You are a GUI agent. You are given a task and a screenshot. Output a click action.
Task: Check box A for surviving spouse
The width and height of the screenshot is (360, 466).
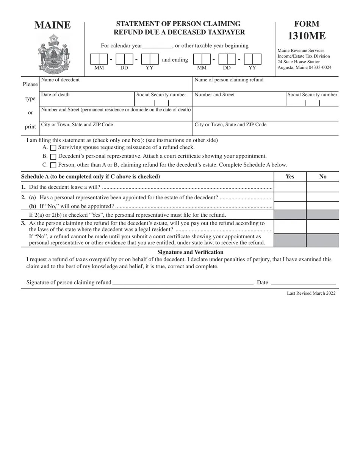coord(53,148)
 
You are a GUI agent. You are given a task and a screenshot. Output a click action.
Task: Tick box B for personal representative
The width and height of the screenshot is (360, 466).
coord(53,156)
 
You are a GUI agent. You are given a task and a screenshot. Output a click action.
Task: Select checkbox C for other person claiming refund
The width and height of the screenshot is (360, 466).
coord(53,165)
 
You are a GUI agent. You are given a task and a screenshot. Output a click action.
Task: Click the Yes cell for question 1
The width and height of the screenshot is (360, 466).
coord(290,187)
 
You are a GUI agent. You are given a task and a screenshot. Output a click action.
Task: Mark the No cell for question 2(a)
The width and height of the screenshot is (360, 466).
coord(322,197)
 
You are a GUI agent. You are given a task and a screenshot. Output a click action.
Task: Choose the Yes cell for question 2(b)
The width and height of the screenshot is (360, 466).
coord(290,206)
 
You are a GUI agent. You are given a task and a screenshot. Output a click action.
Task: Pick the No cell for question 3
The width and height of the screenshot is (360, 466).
coord(322,227)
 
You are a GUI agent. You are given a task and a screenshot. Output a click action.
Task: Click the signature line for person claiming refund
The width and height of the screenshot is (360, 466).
coord(183,282)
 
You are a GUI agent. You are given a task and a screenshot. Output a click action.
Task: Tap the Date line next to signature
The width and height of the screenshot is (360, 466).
coord(303,282)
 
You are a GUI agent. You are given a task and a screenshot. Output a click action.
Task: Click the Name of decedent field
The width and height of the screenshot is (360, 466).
coord(116,86)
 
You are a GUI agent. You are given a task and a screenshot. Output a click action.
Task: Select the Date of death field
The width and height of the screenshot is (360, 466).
coord(87,100)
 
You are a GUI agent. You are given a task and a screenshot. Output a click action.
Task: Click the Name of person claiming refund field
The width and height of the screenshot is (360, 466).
coord(265,86)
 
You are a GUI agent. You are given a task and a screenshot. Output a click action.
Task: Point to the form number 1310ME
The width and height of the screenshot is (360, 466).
coord(307,36)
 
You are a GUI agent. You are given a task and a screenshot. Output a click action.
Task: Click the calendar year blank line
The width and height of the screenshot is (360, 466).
coord(157,46)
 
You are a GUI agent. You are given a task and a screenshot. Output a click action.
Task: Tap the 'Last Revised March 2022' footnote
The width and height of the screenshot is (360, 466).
coord(311,293)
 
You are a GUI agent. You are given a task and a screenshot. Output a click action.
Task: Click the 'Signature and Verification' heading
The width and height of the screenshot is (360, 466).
coord(190,252)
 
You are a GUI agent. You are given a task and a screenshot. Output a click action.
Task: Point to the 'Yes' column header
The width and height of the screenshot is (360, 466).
coord(290,177)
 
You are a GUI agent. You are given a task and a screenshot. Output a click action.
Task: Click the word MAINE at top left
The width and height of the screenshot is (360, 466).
coord(53,25)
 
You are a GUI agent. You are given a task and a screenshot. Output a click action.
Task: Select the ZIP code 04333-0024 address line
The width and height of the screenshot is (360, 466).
coord(304,67)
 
